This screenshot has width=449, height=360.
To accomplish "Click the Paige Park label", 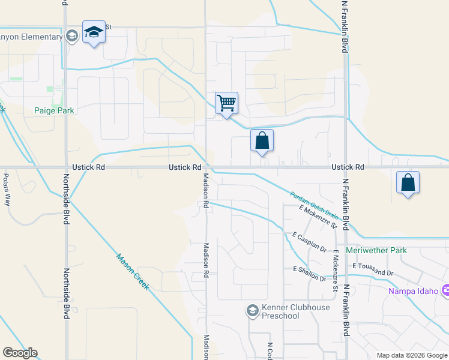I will (53, 110).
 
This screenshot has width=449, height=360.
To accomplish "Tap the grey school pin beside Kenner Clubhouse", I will (253, 310).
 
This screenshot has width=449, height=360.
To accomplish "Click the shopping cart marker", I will (226, 103).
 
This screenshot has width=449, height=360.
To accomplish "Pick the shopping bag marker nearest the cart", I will (262, 141).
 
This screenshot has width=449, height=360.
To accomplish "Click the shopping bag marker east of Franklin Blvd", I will (408, 183).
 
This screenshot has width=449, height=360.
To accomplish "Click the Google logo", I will (20, 353).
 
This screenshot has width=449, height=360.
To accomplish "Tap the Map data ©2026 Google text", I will (411, 355).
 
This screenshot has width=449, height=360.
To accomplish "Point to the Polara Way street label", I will (7, 190).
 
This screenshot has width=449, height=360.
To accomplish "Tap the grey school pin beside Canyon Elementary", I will (71, 36).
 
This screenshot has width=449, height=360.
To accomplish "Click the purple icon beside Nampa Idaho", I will (445, 291).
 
